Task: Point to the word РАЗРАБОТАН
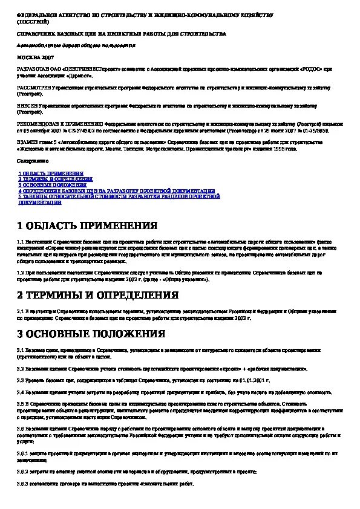click(x=31, y=70)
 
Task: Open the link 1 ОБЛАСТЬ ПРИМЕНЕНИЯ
click(x=50, y=173)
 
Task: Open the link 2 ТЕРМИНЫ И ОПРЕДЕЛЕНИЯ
click(x=56, y=180)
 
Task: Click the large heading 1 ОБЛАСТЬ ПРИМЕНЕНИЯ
click(x=87, y=226)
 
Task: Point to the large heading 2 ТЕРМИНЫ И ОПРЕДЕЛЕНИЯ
click(x=97, y=295)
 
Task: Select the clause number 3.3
click(x=21, y=380)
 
